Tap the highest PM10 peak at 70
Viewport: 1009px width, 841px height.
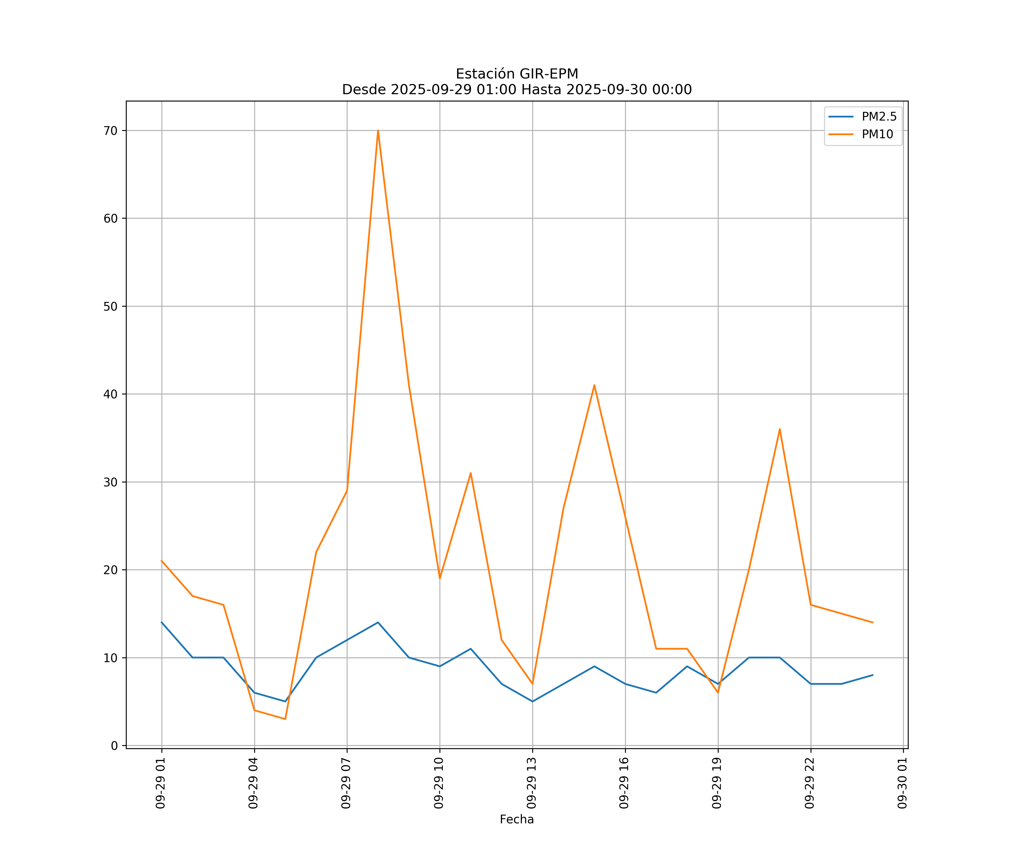pyautogui.click(x=378, y=131)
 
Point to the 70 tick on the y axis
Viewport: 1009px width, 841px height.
pyautogui.click(x=110, y=131)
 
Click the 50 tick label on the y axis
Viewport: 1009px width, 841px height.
pyautogui.click(x=110, y=307)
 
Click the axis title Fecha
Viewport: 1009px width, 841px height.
pyautogui.click(x=517, y=819)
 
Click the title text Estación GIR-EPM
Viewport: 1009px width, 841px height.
pyautogui.click(x=517, y=74)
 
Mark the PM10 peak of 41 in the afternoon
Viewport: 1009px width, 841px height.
pyautogui.click(x=594, y=385)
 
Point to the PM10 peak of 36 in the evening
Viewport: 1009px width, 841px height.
pyautogui.click(x=780, y=429)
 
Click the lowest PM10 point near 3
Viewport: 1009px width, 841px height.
pyautogui.click(x=285, y=719)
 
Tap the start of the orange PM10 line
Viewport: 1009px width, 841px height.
pyautogui.click(x=162, y=561)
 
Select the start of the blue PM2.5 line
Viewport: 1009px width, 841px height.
pyautogui.click(x=162, y=622)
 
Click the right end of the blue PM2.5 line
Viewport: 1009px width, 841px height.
pyautogui.click(x=873, y=675)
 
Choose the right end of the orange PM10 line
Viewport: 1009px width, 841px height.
pyautogui.click(x=873, y=622)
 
